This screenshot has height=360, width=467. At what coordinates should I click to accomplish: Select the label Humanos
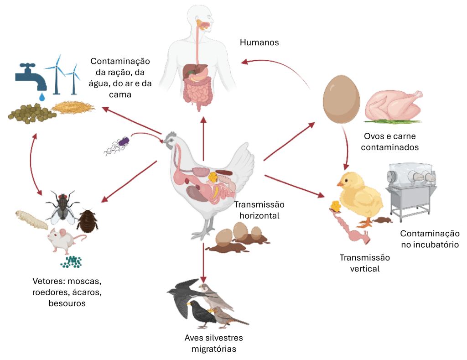[x=259, y=42]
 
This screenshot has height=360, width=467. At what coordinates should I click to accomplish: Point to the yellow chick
[x=360, y=194]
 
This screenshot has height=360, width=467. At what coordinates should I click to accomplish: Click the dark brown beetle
[x=87, y=220]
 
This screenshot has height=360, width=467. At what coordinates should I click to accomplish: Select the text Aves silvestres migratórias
[x=214, y=343]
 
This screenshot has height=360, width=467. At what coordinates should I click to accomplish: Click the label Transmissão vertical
[x=364, y=263]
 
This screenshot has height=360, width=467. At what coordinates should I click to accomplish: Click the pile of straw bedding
[x=73, y=107]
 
